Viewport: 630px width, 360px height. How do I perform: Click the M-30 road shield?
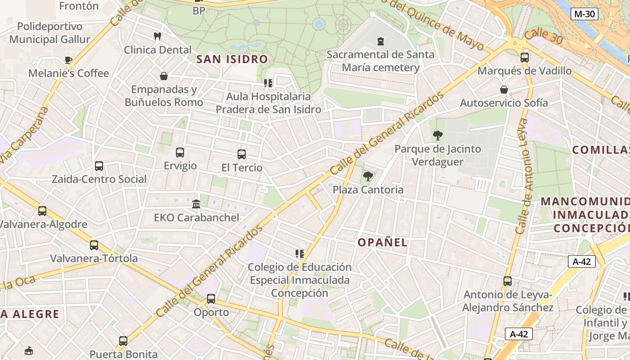585,14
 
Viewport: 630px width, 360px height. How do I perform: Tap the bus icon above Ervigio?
180,153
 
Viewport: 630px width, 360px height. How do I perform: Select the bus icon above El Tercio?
242,154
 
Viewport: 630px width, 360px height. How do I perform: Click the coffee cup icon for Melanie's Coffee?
68,60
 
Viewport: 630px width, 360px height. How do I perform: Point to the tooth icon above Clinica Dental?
157,36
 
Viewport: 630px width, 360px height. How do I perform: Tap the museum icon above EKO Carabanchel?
196,204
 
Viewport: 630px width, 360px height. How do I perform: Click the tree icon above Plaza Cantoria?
368,176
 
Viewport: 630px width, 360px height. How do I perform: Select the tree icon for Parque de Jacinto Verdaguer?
437,135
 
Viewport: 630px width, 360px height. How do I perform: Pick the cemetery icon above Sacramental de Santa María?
381,41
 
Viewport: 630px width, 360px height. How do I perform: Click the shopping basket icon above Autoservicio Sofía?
504,90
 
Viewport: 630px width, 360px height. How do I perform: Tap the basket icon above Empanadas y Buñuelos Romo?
164,76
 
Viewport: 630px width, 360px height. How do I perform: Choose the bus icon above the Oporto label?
211,298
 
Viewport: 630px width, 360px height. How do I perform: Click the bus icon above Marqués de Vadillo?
525,57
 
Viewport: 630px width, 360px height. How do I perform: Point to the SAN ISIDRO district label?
232,59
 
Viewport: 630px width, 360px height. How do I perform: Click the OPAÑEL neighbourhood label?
382,243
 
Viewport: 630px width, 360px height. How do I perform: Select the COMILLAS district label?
601,150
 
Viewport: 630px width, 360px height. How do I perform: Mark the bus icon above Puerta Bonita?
123,341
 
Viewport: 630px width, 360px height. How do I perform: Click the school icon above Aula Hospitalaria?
268,83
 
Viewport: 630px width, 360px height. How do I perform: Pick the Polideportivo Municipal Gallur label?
50,33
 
